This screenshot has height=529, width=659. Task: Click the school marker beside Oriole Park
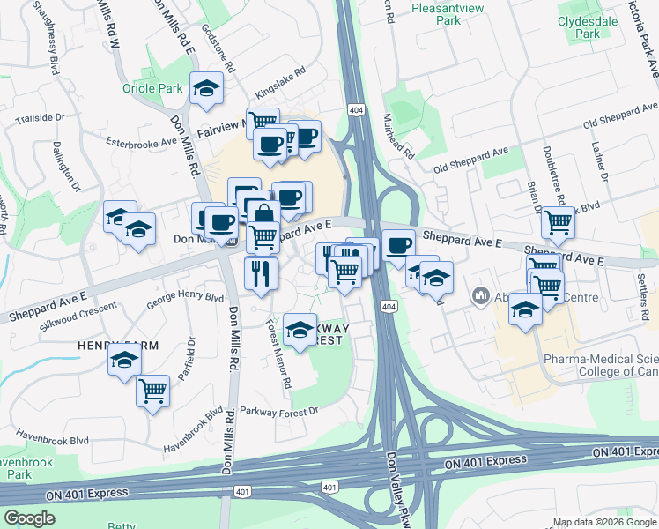click(x=206, y=88)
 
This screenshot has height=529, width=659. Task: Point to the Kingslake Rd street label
click(x=280, y=81)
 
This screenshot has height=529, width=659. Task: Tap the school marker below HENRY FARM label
click(x=125, y=361)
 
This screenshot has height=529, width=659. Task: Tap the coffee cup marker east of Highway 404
click(x=399, y=244)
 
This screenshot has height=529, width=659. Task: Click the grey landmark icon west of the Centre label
click(x=481, y=294)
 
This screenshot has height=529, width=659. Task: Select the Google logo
click(x=29, y=518)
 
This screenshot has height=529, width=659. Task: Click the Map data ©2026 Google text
click(x=604, y=521)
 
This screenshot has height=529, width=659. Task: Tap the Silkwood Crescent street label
click(x=79, y=313)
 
